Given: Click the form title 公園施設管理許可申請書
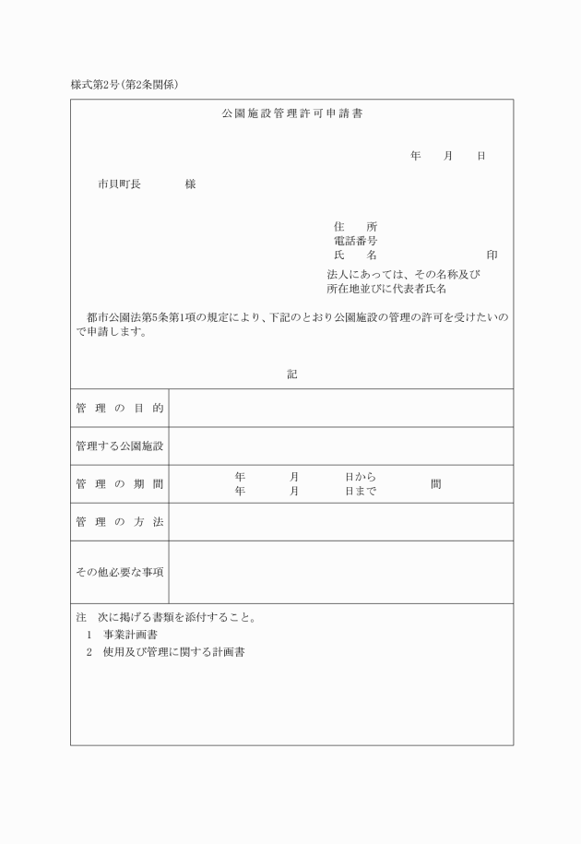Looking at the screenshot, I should point(291,113).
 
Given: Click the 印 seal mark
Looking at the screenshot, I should point(492,255).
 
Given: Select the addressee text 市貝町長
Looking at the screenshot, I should point(119,184).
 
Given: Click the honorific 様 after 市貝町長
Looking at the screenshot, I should point(190,184).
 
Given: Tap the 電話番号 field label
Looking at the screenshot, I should point(355,241).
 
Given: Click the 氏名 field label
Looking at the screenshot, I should point(355,255).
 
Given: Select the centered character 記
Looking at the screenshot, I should point(291,374).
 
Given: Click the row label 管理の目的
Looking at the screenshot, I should point(120,408).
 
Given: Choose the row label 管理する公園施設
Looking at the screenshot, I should point(120,446).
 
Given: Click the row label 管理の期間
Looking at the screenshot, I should point(120,484).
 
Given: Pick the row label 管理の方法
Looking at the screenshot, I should point(120,523).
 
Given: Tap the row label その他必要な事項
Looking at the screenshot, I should point(120,572).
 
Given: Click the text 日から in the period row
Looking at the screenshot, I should point(360,478).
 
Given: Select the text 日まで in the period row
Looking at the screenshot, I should point(360,492).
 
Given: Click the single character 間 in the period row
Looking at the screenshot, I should point(435,484).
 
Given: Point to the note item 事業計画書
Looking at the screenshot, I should point(130,635).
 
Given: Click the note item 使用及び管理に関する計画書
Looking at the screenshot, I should point(172,652).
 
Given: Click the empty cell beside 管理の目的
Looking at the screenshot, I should point(340,408).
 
